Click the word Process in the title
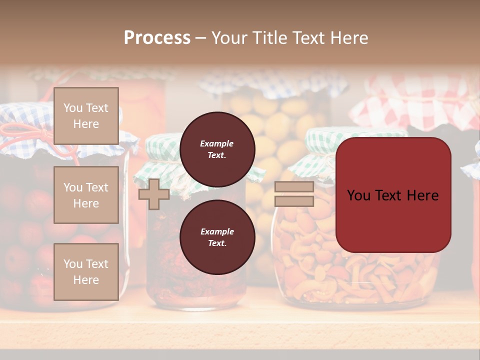pyautogui.click(x=157, y=37)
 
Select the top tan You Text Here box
pyautogui.click(x=86, y=116)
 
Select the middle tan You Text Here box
pyautogui.click(x=86, y=195)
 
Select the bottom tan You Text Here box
pyautogui.click(x=86, y=271)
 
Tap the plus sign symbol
pyautogui.click(x=153, y=194)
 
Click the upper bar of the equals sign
pyautogui.click(x=294, y=187)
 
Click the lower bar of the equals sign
pyautogui.click(x=294, y=201)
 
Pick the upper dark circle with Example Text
pyautogui.click(x=217, y=149)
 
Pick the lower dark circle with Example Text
pyautogui.click(x=217, y=237)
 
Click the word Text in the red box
pyautogui.click(x=392, y=195)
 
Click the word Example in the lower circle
pyautogui.click(x=217, y=231)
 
